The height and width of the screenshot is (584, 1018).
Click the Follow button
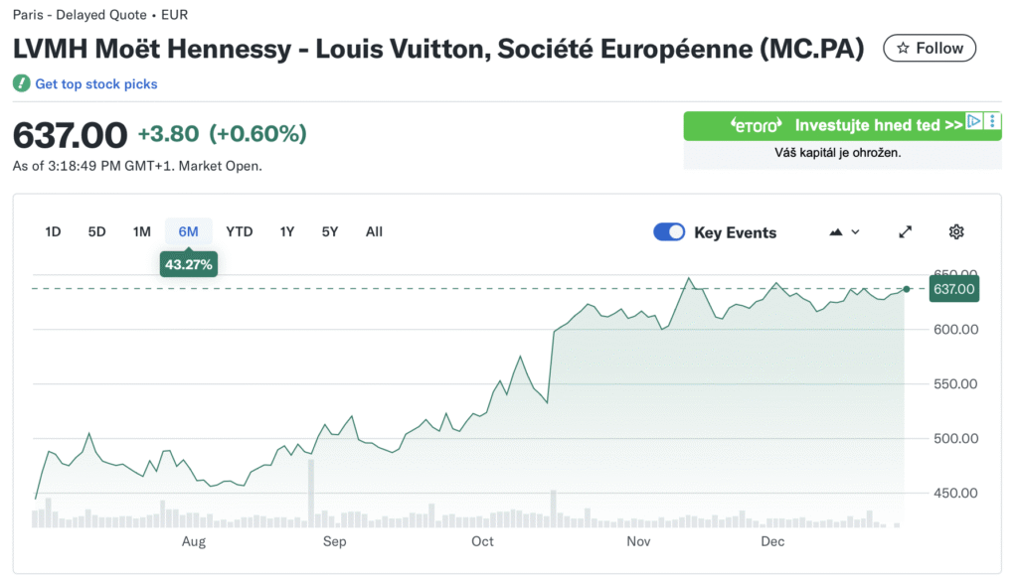930,48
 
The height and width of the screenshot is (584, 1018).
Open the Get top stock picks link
95,84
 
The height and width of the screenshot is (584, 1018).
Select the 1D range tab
54,231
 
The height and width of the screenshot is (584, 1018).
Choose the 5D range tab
96,231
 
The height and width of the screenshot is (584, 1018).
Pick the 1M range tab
142,231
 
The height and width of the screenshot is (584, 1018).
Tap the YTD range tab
240,231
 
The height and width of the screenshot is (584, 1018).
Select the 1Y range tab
287,231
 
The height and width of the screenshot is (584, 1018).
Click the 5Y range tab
330,231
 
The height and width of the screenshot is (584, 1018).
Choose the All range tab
374,231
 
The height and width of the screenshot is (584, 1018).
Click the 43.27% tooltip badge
189,265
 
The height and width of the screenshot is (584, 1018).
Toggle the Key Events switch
669,232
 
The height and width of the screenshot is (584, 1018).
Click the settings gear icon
956,232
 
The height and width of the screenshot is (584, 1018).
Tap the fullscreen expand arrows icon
906,232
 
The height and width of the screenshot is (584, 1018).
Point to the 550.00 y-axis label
954,384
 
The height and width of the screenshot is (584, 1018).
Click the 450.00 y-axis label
954,494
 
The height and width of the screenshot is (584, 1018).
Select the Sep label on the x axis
334,541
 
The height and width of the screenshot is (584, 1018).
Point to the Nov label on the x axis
638,541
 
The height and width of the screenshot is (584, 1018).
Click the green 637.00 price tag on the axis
953,289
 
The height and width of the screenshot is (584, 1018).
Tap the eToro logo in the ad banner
758,125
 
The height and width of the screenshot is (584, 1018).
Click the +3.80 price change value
168,134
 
